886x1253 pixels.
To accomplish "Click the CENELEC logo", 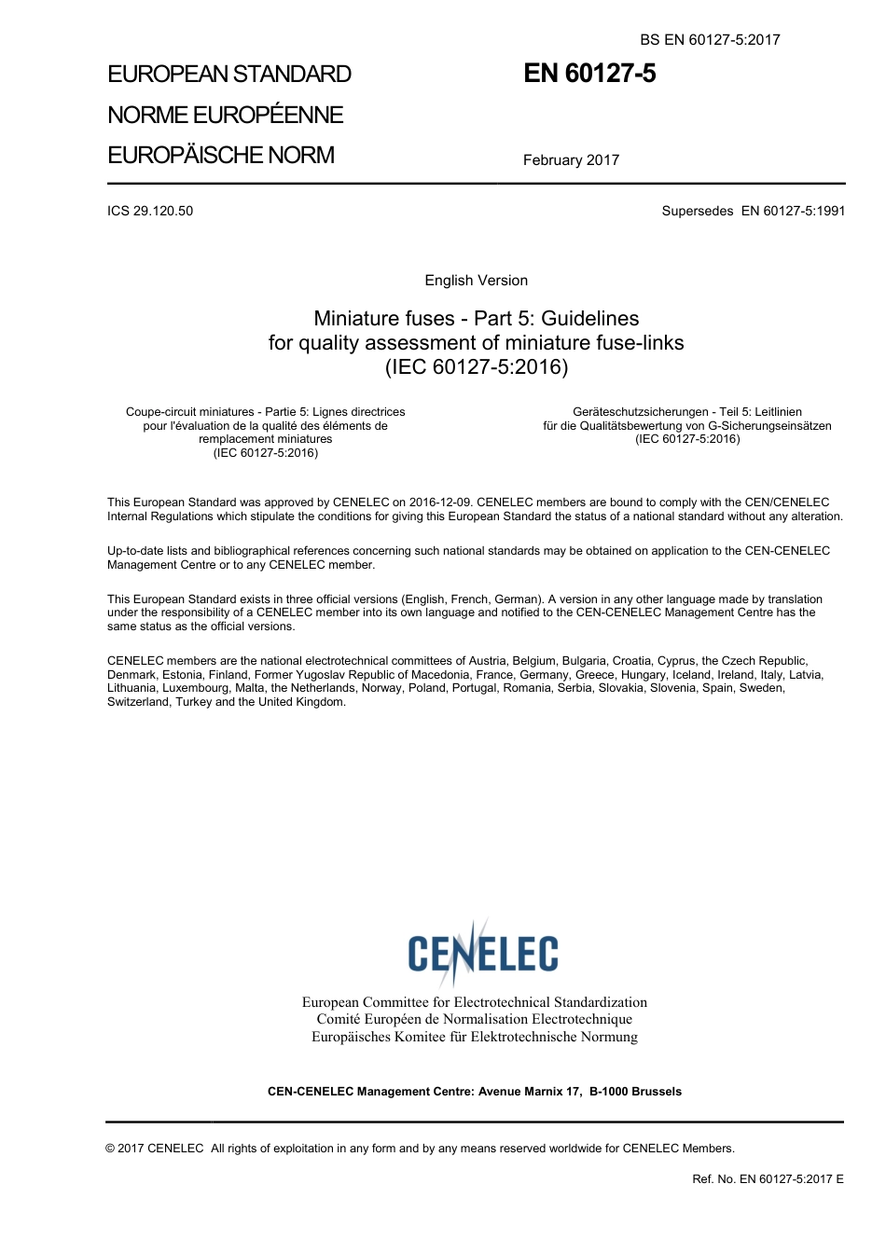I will pyautogui.click(x=482, y=952).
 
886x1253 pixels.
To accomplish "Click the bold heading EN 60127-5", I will pyautogui.click(x=589, y=74).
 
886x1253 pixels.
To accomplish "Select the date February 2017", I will pyautogui.click(x=571, y=160).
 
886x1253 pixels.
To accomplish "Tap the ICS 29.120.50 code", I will pyautogui.click(x=150, y=211).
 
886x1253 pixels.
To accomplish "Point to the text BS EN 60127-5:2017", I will pyautogui.click(x=710, y=39).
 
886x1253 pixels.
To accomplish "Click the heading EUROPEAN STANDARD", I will pyautogui.click(x=229, y=75).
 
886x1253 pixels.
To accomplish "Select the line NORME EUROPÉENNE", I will pyautogui.click(x=226, y=115).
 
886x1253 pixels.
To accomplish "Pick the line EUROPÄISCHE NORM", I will pyautogui.click(x=221, y=155).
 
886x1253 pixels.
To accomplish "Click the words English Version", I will pyautogui.click(x=476, y=281).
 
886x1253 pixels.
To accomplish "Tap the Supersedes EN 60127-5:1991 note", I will pyautogui.click(x=754, y=211).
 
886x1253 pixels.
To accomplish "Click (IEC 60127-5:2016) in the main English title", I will pyautogui.click(x=476, y=366).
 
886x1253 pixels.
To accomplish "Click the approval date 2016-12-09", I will pyautogui.click(x=439, y=503).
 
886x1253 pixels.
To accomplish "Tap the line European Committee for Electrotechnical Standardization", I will pyautogui.click(x=474, y=1002).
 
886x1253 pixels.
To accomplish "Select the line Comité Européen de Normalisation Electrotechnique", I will pyautogui.click(x=474, y=1019).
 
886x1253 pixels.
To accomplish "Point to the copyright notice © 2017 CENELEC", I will pyautogui.click(x=155, y=1149).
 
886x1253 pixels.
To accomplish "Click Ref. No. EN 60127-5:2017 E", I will pyautogui.click(x=768, y=1178).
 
